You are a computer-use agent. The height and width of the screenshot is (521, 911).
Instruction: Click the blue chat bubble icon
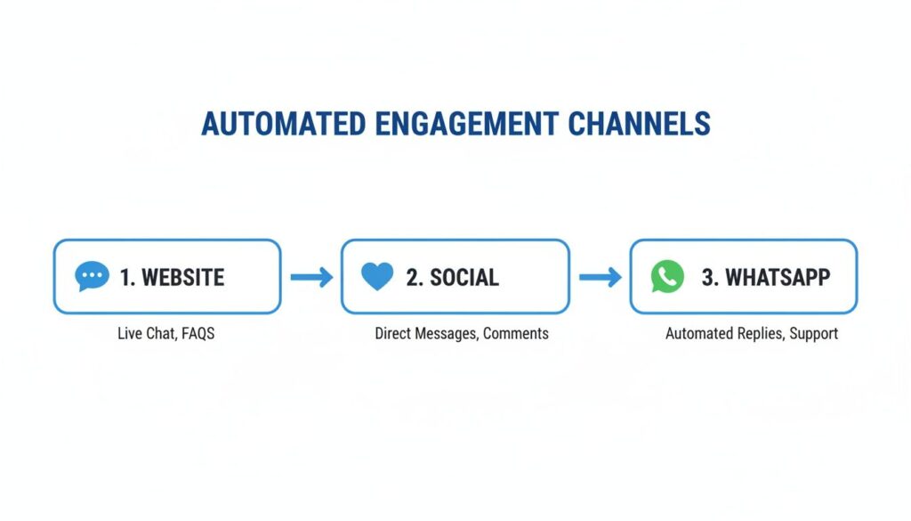pos(92,277)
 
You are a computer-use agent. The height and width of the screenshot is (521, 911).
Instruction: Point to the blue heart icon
pos(377,277)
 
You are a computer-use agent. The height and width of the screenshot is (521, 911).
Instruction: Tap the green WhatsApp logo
pos(667,277)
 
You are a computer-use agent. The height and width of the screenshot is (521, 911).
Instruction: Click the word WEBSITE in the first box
pos(183,277)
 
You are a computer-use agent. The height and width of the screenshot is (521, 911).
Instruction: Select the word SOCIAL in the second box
pos(464,277)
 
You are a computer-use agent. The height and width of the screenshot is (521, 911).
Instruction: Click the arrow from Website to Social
pos(311,278)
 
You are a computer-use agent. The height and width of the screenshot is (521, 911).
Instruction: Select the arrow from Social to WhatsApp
pos(600,278)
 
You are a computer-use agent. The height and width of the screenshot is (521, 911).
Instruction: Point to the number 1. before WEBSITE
pos(128,277)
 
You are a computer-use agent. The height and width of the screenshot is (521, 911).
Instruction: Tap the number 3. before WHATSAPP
pos(710,277)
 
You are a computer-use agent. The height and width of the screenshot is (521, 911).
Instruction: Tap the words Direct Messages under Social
pos(425,334)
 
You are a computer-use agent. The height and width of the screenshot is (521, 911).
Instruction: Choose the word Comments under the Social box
pos(516,334)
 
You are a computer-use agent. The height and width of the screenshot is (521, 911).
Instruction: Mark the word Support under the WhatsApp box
pos(812,334)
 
